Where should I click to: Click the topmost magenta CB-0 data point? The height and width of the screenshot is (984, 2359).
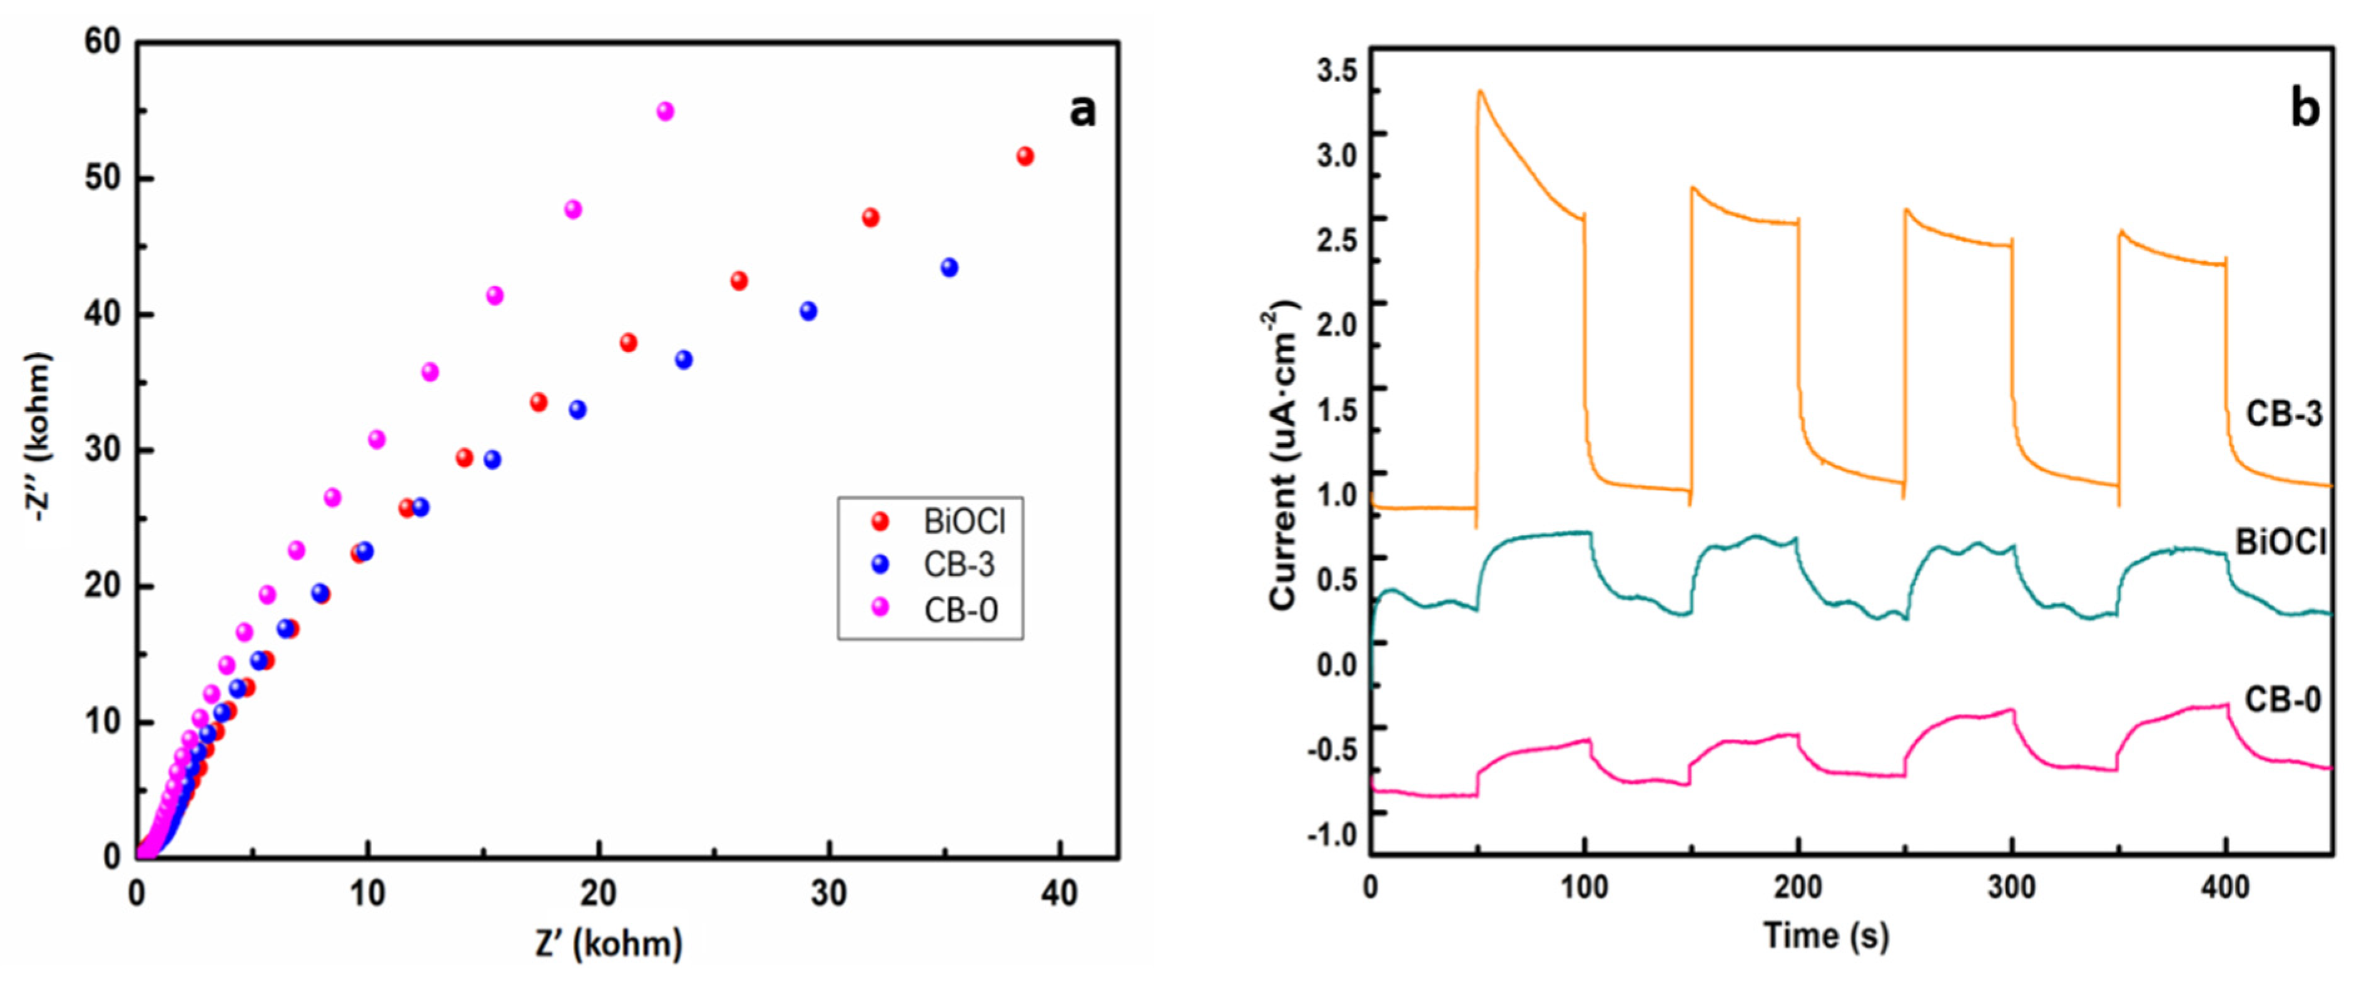pos(666,111)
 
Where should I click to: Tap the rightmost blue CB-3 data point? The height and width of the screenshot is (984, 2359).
pos(950,267)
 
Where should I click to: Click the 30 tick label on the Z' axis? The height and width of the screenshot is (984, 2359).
pos(829,893)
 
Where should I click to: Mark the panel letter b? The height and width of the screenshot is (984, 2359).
pos(2305,109)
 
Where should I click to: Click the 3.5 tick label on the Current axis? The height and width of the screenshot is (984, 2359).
pos(1337,71)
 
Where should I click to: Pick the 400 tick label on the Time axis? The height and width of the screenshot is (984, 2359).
pos(2225,887)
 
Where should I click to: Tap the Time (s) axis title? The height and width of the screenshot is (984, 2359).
pos(1826,935)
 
